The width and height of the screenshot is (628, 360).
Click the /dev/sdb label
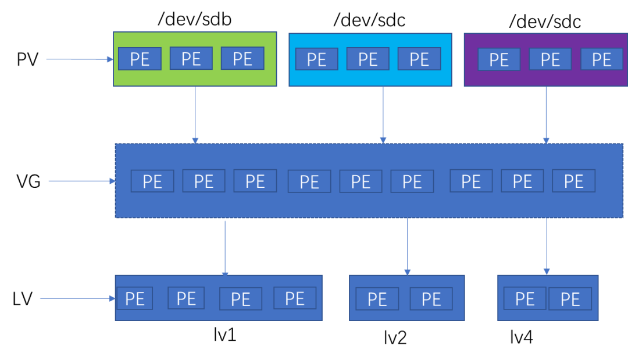pyautogui.click(x=195, y=19)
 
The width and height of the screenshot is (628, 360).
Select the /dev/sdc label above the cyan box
pyautogui.click(x=369, y=20)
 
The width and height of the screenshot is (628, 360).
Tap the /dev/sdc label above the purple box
pyautogui.click(x=545, y=22)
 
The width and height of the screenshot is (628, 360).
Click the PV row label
pyautogui.click(x=28, y=59)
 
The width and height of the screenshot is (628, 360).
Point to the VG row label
pyautogui.click(x=28, y=181)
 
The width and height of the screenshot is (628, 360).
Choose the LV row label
pyautogui.click(x=23, y=299)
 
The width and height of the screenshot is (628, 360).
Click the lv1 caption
pyautogui.click(x=224, y=334)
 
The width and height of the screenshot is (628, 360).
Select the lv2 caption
pyautogui.click(x=395, y=337)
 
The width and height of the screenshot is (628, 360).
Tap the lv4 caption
pyautogui.click(x=522, y=337)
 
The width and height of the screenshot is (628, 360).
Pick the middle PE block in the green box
pyautogui.click(x=191, y=59)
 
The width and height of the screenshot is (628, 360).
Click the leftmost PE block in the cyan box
pyautogui.click(x=317, y=59)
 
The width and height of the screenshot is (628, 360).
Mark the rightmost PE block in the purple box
pyautogui.click(x=602, y=59)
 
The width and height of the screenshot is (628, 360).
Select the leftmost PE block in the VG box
pyautogui.click(x=152, y=181)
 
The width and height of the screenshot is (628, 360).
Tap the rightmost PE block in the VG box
pyautogui.click(x=573, y=181)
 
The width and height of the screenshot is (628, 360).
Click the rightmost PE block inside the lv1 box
pyautogui.click(x=295, y=298)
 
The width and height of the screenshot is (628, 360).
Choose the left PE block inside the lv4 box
pyautogui.click(x=524, y=299)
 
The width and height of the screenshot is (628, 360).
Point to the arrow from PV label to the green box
pyautogui.click(x=80, y=59)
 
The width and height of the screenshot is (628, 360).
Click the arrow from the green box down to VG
pyautogui.click(x=195, y=115)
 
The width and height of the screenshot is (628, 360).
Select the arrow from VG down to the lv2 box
pyautogui.click(x=407, y=247)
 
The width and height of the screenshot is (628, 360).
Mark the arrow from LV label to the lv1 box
pyautogui.click(x=78, y=298)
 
